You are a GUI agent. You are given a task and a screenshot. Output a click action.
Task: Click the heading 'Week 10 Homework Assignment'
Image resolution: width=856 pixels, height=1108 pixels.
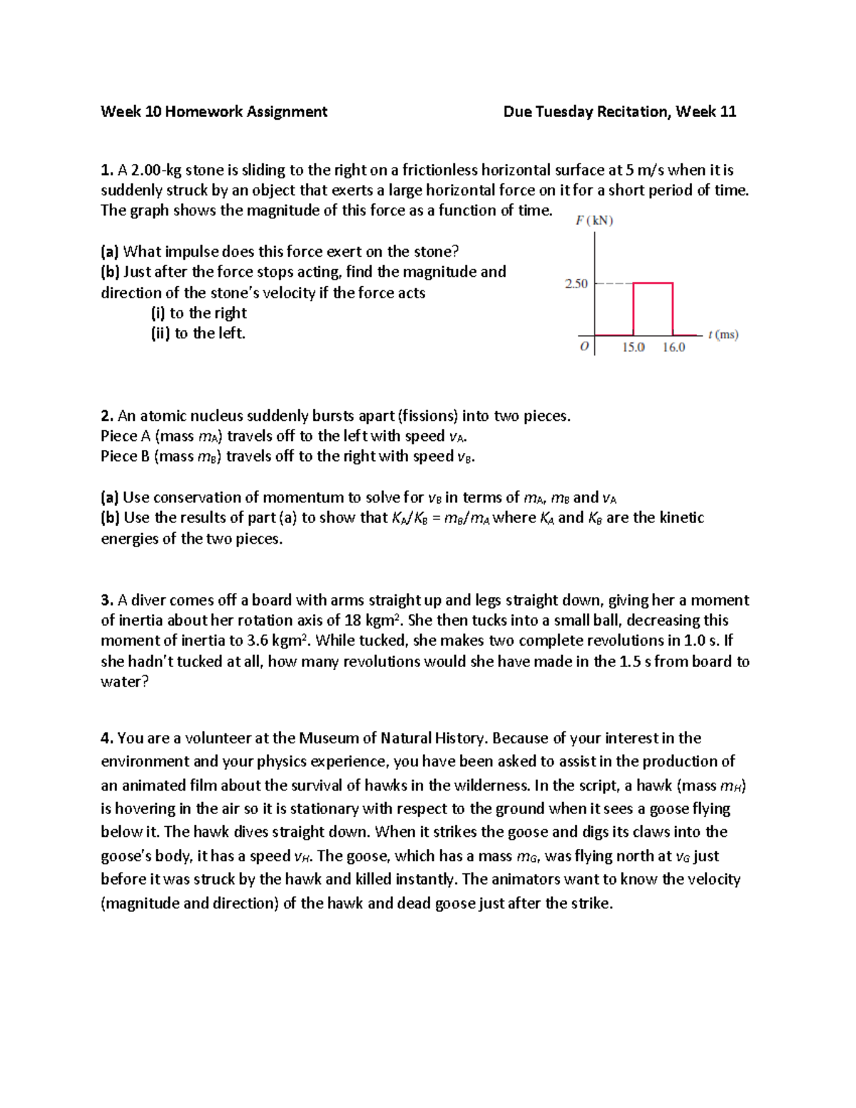click(214, 112)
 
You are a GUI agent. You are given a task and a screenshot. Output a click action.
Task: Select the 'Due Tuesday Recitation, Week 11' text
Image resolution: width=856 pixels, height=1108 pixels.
click(619, 112)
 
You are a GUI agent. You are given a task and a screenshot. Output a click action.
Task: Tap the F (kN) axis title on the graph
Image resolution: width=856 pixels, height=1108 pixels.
click(594, 220)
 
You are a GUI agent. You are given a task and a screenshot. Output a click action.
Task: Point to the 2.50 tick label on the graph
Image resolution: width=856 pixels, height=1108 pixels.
click(576, 284)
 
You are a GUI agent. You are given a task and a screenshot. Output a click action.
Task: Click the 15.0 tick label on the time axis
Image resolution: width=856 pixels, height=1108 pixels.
click(633, 347)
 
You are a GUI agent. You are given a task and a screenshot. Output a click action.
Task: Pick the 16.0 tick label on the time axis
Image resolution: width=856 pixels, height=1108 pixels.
click(673, 347)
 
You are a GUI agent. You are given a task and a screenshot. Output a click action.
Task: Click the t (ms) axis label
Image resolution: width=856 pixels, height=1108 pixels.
click(723, 335)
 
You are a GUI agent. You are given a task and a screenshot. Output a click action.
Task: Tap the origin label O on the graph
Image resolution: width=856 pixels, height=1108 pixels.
click(584, 347)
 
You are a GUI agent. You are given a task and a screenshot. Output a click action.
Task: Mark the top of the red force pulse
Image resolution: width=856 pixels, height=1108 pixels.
click(653, 283)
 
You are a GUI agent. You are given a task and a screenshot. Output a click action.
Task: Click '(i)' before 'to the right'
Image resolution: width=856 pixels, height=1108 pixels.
click(158, 313)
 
